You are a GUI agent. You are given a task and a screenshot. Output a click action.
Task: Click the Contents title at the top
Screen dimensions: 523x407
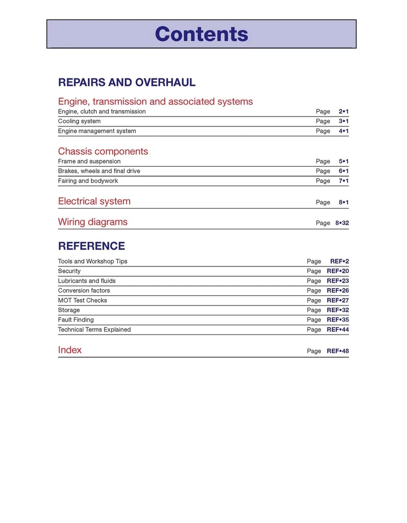pos(202,34)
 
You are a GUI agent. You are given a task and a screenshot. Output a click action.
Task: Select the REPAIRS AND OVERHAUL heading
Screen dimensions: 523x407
pos(126,83)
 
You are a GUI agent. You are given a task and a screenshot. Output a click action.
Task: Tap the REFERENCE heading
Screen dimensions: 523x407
pos(92,246)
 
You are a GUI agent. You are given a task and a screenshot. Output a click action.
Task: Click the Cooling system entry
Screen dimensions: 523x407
pos(79,121)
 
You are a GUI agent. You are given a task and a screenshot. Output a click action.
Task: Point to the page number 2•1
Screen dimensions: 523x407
pos(343,112)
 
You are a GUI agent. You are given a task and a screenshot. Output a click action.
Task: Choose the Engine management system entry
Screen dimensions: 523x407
pos(97,131)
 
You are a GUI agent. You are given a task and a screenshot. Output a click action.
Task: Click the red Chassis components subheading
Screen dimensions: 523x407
pos(103,151)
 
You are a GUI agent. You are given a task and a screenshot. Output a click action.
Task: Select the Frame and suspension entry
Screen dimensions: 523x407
pos(89,161)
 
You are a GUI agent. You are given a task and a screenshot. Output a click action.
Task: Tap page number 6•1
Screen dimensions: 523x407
pos(343,171)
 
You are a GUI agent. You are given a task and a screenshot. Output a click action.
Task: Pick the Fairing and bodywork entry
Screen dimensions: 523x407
pos(88,181)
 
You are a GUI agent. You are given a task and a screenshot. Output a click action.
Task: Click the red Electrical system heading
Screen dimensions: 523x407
pos(94,202)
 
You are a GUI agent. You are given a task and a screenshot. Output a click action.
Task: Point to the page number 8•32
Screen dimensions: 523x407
pos(342,223)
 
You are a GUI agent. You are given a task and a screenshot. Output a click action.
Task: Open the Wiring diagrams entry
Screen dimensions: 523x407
pos(93,222)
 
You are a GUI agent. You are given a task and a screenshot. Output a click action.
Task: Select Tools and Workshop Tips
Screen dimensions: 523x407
pos(93,261)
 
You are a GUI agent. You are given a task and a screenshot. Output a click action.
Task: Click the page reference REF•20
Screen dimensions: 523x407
pos(337,271)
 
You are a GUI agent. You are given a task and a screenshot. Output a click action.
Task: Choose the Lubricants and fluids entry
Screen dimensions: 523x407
pos(87,281)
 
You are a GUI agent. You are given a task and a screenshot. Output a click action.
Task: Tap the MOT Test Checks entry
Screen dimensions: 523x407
pos(82,301)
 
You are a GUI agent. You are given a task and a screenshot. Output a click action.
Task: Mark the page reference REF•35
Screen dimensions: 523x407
pos(337,320)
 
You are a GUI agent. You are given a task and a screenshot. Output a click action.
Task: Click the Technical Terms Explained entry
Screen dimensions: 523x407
pos(94,330)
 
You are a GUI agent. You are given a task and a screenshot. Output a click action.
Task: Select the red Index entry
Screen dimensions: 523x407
pos(70,350)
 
